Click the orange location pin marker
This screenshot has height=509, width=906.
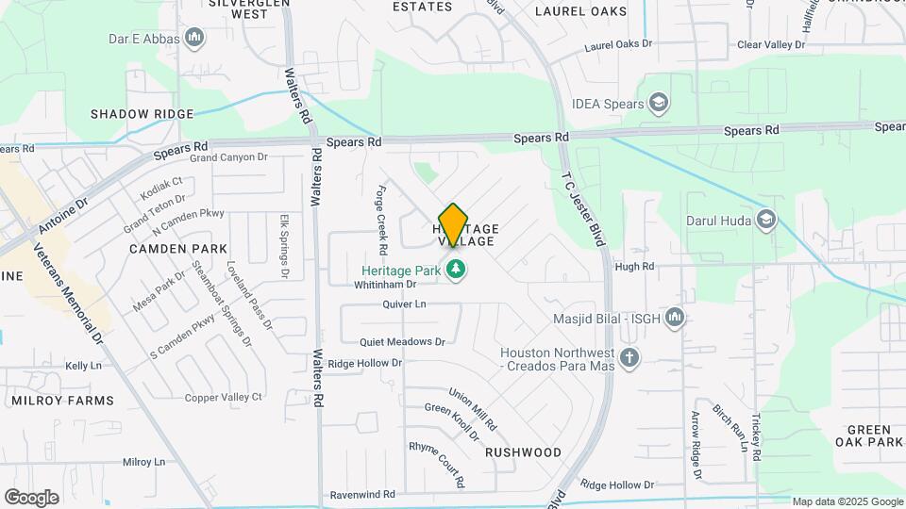click(x=453, y=224)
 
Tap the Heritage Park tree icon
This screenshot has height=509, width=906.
click(x=457, y=271)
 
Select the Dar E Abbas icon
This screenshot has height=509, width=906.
click(x=195, y=38)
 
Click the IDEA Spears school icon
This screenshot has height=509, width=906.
click(x=659, y=104)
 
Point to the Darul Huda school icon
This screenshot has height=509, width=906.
click(x=766, y=221)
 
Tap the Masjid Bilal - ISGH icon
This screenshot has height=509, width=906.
click(x=674, y=318)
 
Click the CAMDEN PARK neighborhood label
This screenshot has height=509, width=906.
click(x=178, y=249)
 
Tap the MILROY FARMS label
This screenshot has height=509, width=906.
click(x=62, y=401)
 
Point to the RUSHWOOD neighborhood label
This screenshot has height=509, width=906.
click(x=523, y=452)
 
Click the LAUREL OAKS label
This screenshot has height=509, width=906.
click(x=580, y=11)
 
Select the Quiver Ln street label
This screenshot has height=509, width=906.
click(x=405, y=304)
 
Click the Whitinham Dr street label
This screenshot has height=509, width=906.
click(x=385, y=284)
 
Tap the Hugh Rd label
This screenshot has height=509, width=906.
click(x=634, y=267)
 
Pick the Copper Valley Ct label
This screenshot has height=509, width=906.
click(x=224, y=397)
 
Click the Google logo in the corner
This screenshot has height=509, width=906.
click(x=31, y=498)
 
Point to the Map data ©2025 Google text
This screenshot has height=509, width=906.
click(x=847, y=501)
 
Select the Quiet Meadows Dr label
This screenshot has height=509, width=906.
click(x=402, y=341)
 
